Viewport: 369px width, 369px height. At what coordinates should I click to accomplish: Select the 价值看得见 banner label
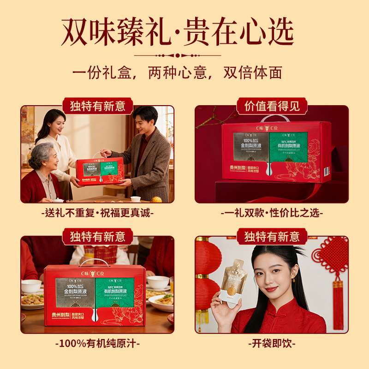pos(272,106)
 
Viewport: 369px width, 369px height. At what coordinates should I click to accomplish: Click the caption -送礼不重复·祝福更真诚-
pos(97,213)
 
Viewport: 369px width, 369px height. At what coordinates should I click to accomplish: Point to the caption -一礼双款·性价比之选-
pos(272,213)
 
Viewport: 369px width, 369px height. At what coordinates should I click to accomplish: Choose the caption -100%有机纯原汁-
pos(97,344)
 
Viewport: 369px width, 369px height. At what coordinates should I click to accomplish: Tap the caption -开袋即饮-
pos(272,344)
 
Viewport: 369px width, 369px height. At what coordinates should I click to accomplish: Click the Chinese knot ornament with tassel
pos(333,272)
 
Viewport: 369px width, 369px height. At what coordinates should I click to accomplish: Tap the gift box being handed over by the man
pos(100,171)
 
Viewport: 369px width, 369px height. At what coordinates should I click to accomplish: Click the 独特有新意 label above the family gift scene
pos(97,106)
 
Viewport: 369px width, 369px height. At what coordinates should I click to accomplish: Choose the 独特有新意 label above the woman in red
pos(272,237)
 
